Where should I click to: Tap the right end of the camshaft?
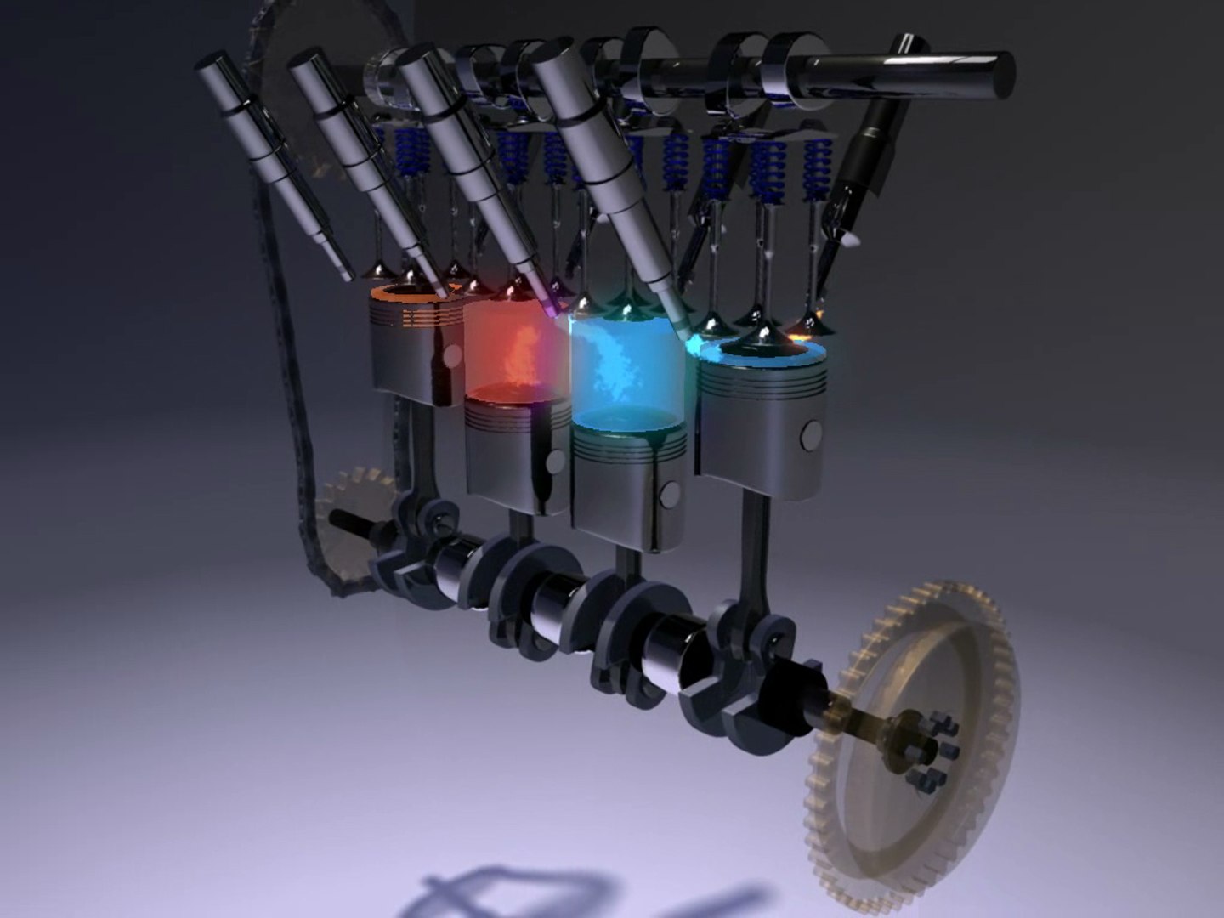[x=999, y=73]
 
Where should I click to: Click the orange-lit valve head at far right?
[x=803, y=327]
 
